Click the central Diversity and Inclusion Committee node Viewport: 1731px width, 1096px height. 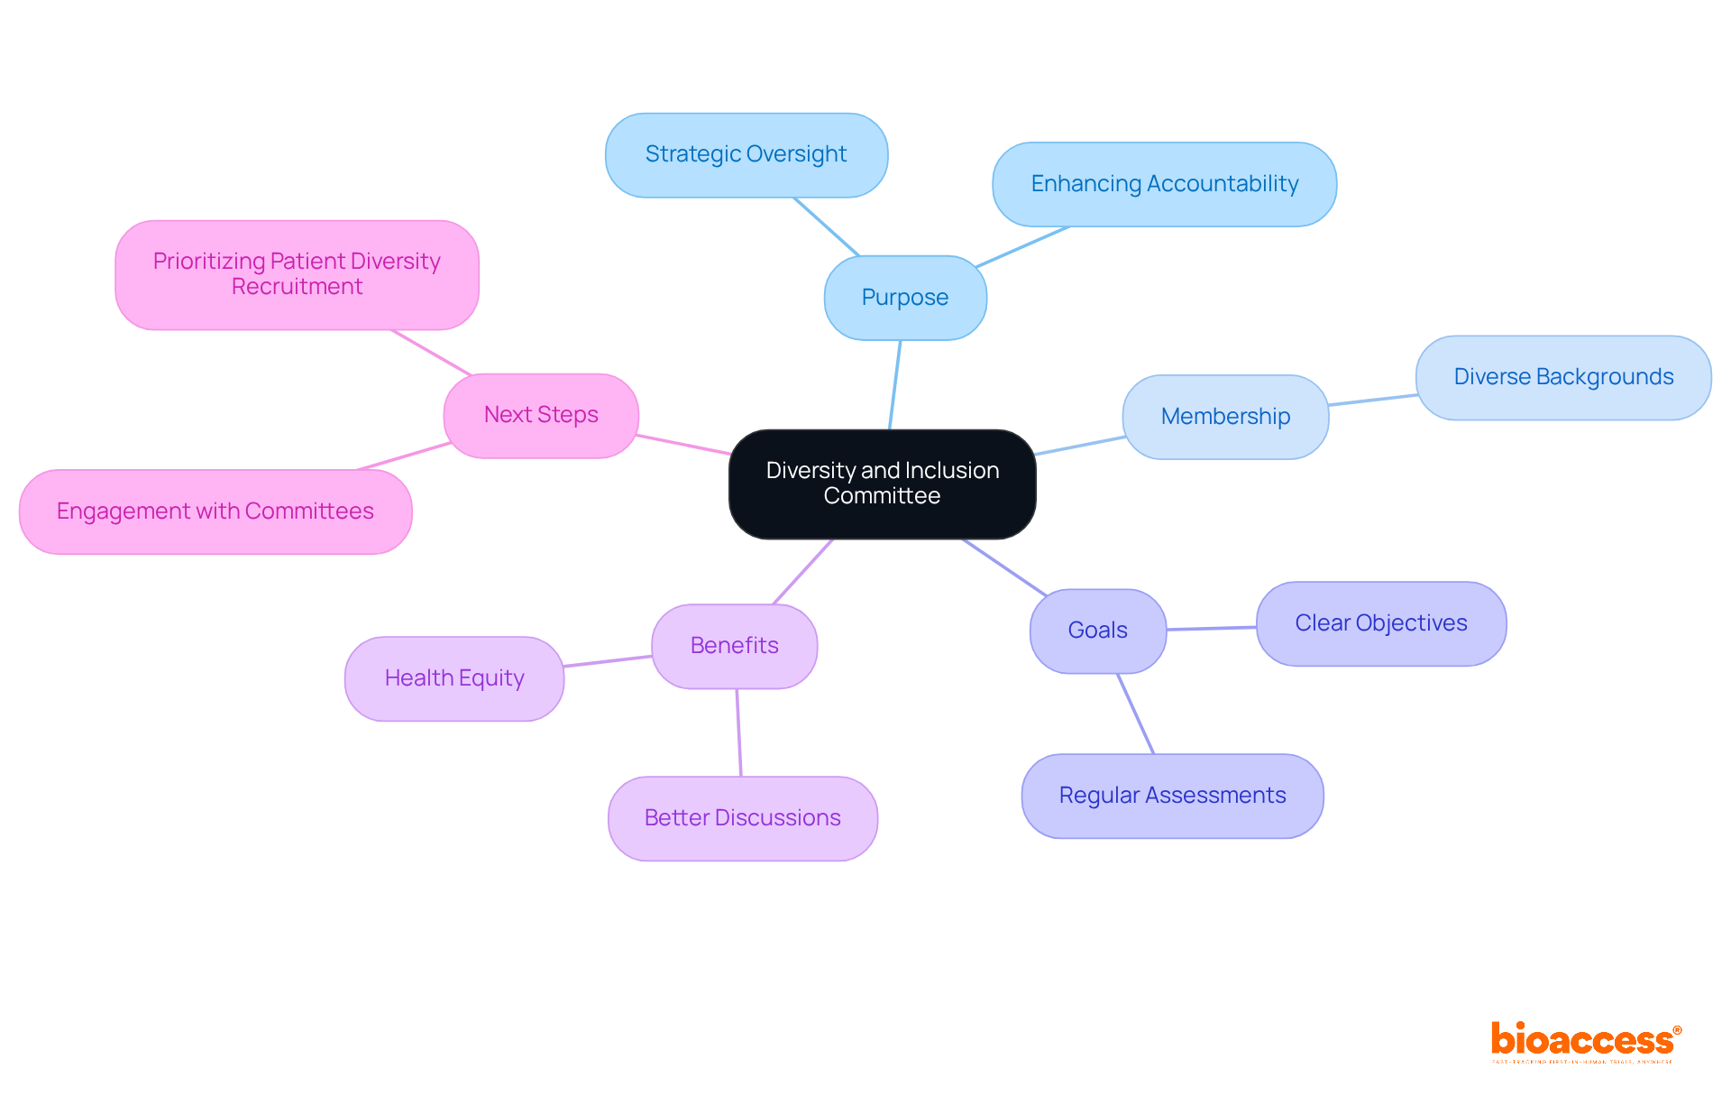(882, 484)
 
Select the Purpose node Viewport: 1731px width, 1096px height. (904, 298)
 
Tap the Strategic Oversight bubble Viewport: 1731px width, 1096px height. (746, 155)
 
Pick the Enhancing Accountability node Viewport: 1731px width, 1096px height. (1164, 184)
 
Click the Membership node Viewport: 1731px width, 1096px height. (1225, 417)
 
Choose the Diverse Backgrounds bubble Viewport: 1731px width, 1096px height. (1562, 377)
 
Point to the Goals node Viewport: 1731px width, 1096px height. (1097, 631)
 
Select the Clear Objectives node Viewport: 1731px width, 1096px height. (1380, 623)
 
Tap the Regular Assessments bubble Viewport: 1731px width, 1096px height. (1172, 796)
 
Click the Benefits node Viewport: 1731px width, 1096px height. (734, 646)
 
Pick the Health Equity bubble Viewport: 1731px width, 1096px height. (453, 678)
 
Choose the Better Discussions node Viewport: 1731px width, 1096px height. (742, 818)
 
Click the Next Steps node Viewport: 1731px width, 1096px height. (541, 415)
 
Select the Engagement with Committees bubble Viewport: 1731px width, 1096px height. (215, 511)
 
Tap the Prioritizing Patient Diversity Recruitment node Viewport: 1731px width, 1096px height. (297, 274)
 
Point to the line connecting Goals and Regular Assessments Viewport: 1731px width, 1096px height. (1136, 714)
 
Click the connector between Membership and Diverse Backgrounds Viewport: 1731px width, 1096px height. (1372, 400)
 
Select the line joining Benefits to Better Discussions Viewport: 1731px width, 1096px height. (738, 732)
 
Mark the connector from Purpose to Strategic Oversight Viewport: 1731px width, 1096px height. (826, 226)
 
